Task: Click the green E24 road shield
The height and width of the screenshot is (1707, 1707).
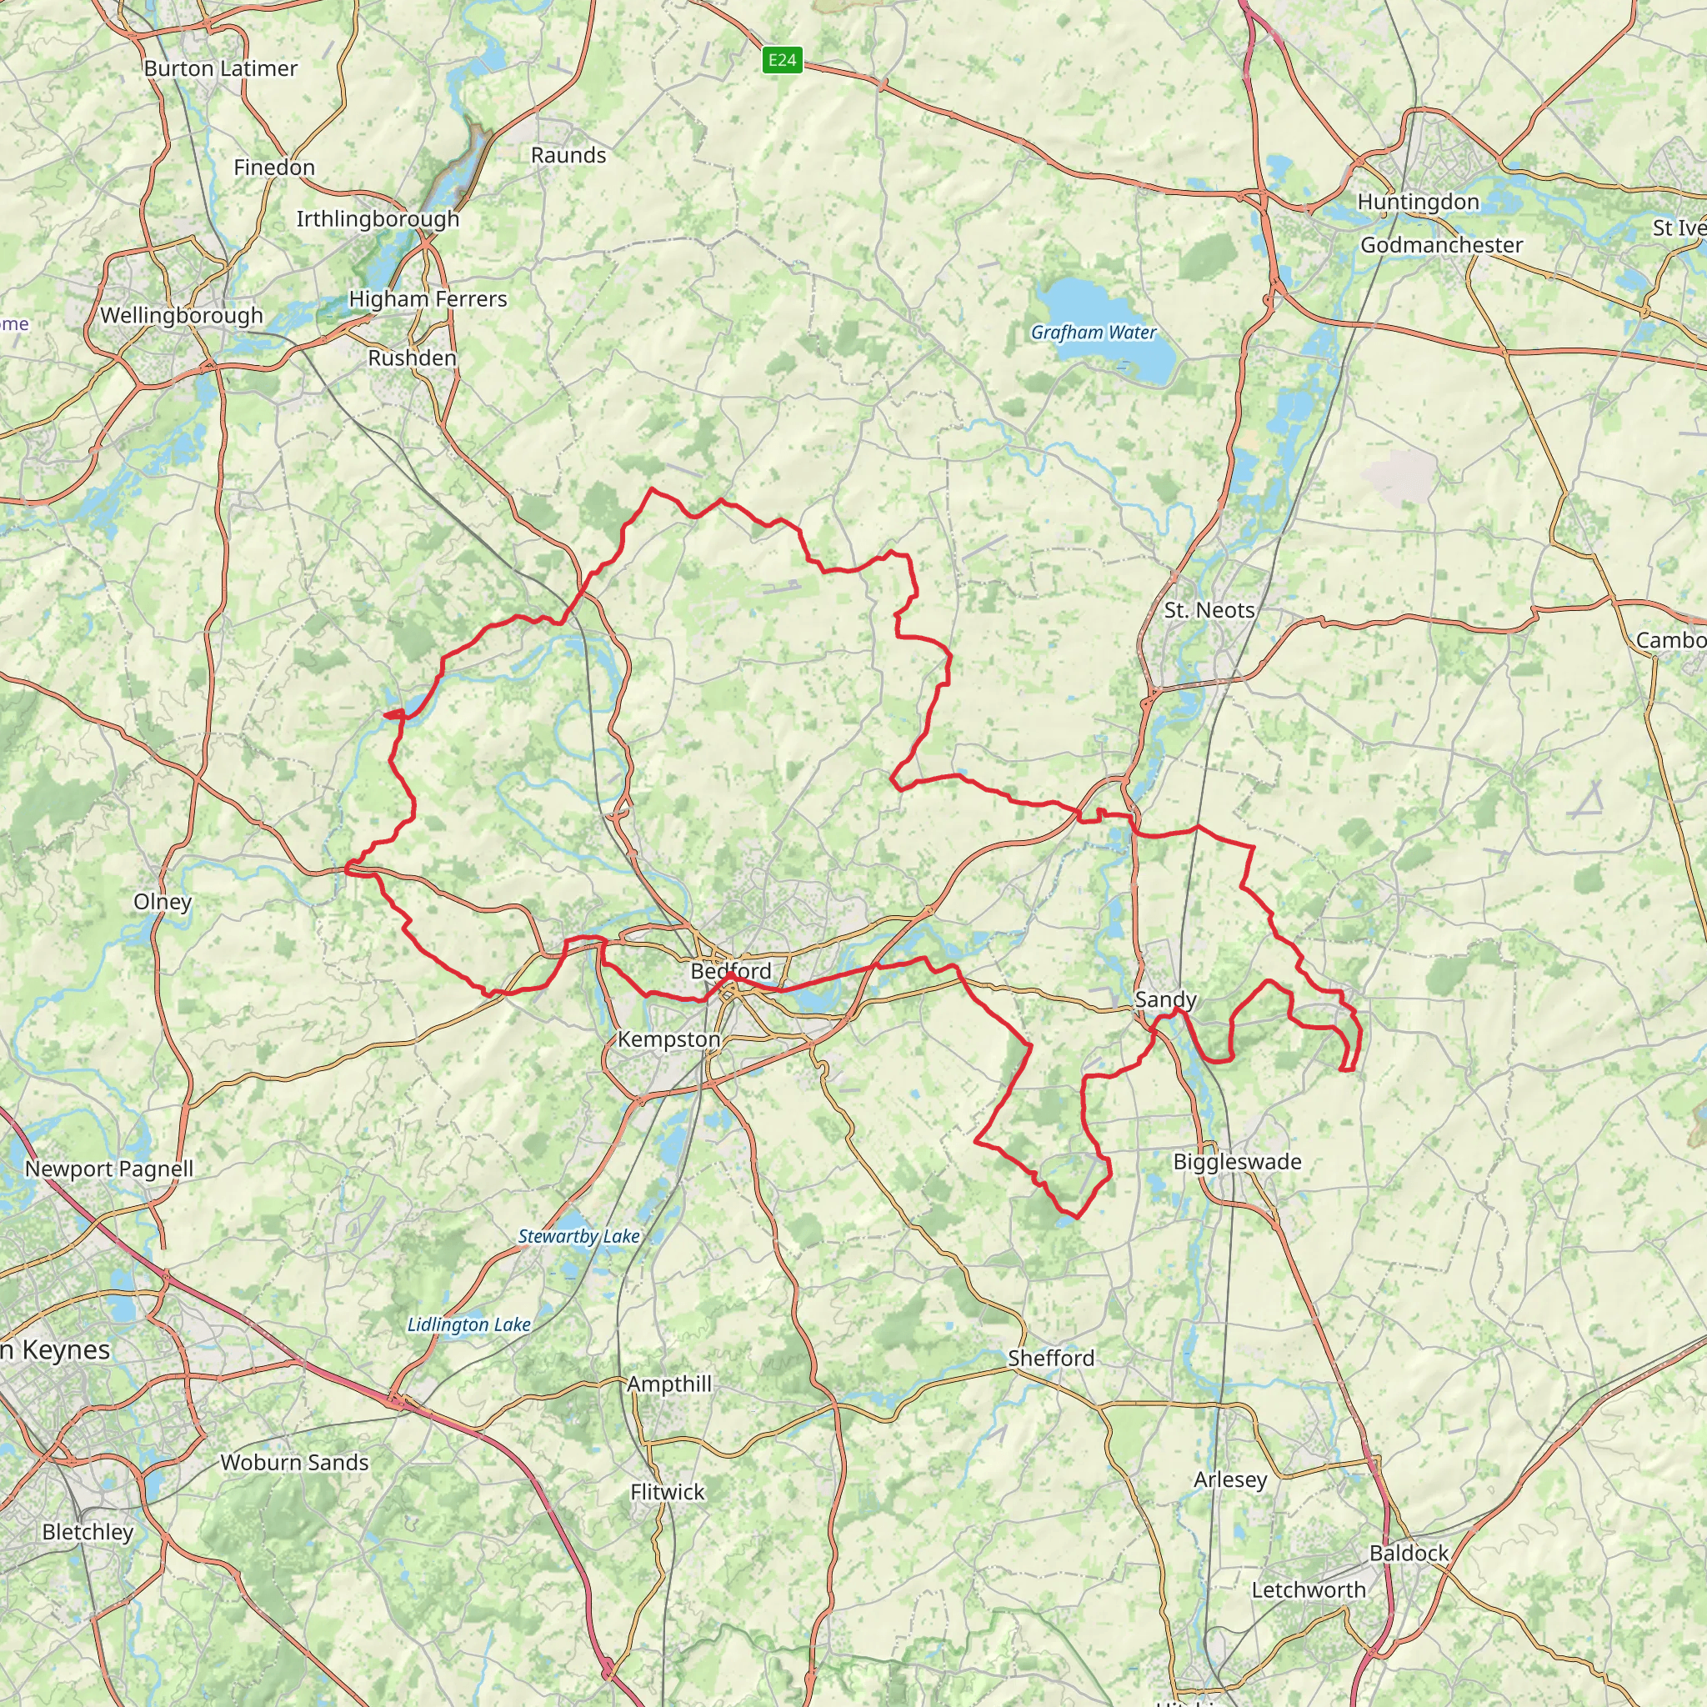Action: [x=782, y=60]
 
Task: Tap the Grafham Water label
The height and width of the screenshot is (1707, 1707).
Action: [x=1093, y=333]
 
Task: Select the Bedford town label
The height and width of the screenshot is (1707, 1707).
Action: [x=731, y=971]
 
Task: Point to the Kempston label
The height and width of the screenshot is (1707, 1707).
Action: [x=668, y=1039]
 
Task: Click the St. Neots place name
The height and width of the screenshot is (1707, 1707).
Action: [x=1209, y=609]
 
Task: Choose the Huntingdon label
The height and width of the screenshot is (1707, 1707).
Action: [x=1418, y=202]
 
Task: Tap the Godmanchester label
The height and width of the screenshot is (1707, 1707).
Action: [x=1441, y=245]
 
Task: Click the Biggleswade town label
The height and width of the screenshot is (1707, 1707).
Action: [x=1237, y=1162]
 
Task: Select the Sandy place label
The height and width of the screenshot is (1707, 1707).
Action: [x=1165, y=999]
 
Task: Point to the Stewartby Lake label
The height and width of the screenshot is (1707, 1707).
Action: [x=578, y=1236]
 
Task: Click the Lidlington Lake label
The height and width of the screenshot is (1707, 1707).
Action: [x=469, y=1324]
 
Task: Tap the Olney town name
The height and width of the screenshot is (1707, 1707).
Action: [x=163, y=901]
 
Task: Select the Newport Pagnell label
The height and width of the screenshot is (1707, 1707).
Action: [x=108, y=1169]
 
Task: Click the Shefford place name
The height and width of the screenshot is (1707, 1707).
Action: [x=1050, y=1358]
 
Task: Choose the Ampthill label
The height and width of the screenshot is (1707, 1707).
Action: [x=668, y=1384]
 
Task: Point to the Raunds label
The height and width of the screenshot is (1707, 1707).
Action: [x=568, y=155]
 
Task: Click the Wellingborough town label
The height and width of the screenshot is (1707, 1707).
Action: [x=181, y=315]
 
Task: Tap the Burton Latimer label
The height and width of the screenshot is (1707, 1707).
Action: [x=220, y=68]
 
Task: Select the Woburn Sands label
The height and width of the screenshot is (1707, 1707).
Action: [x=294, y=1462]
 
